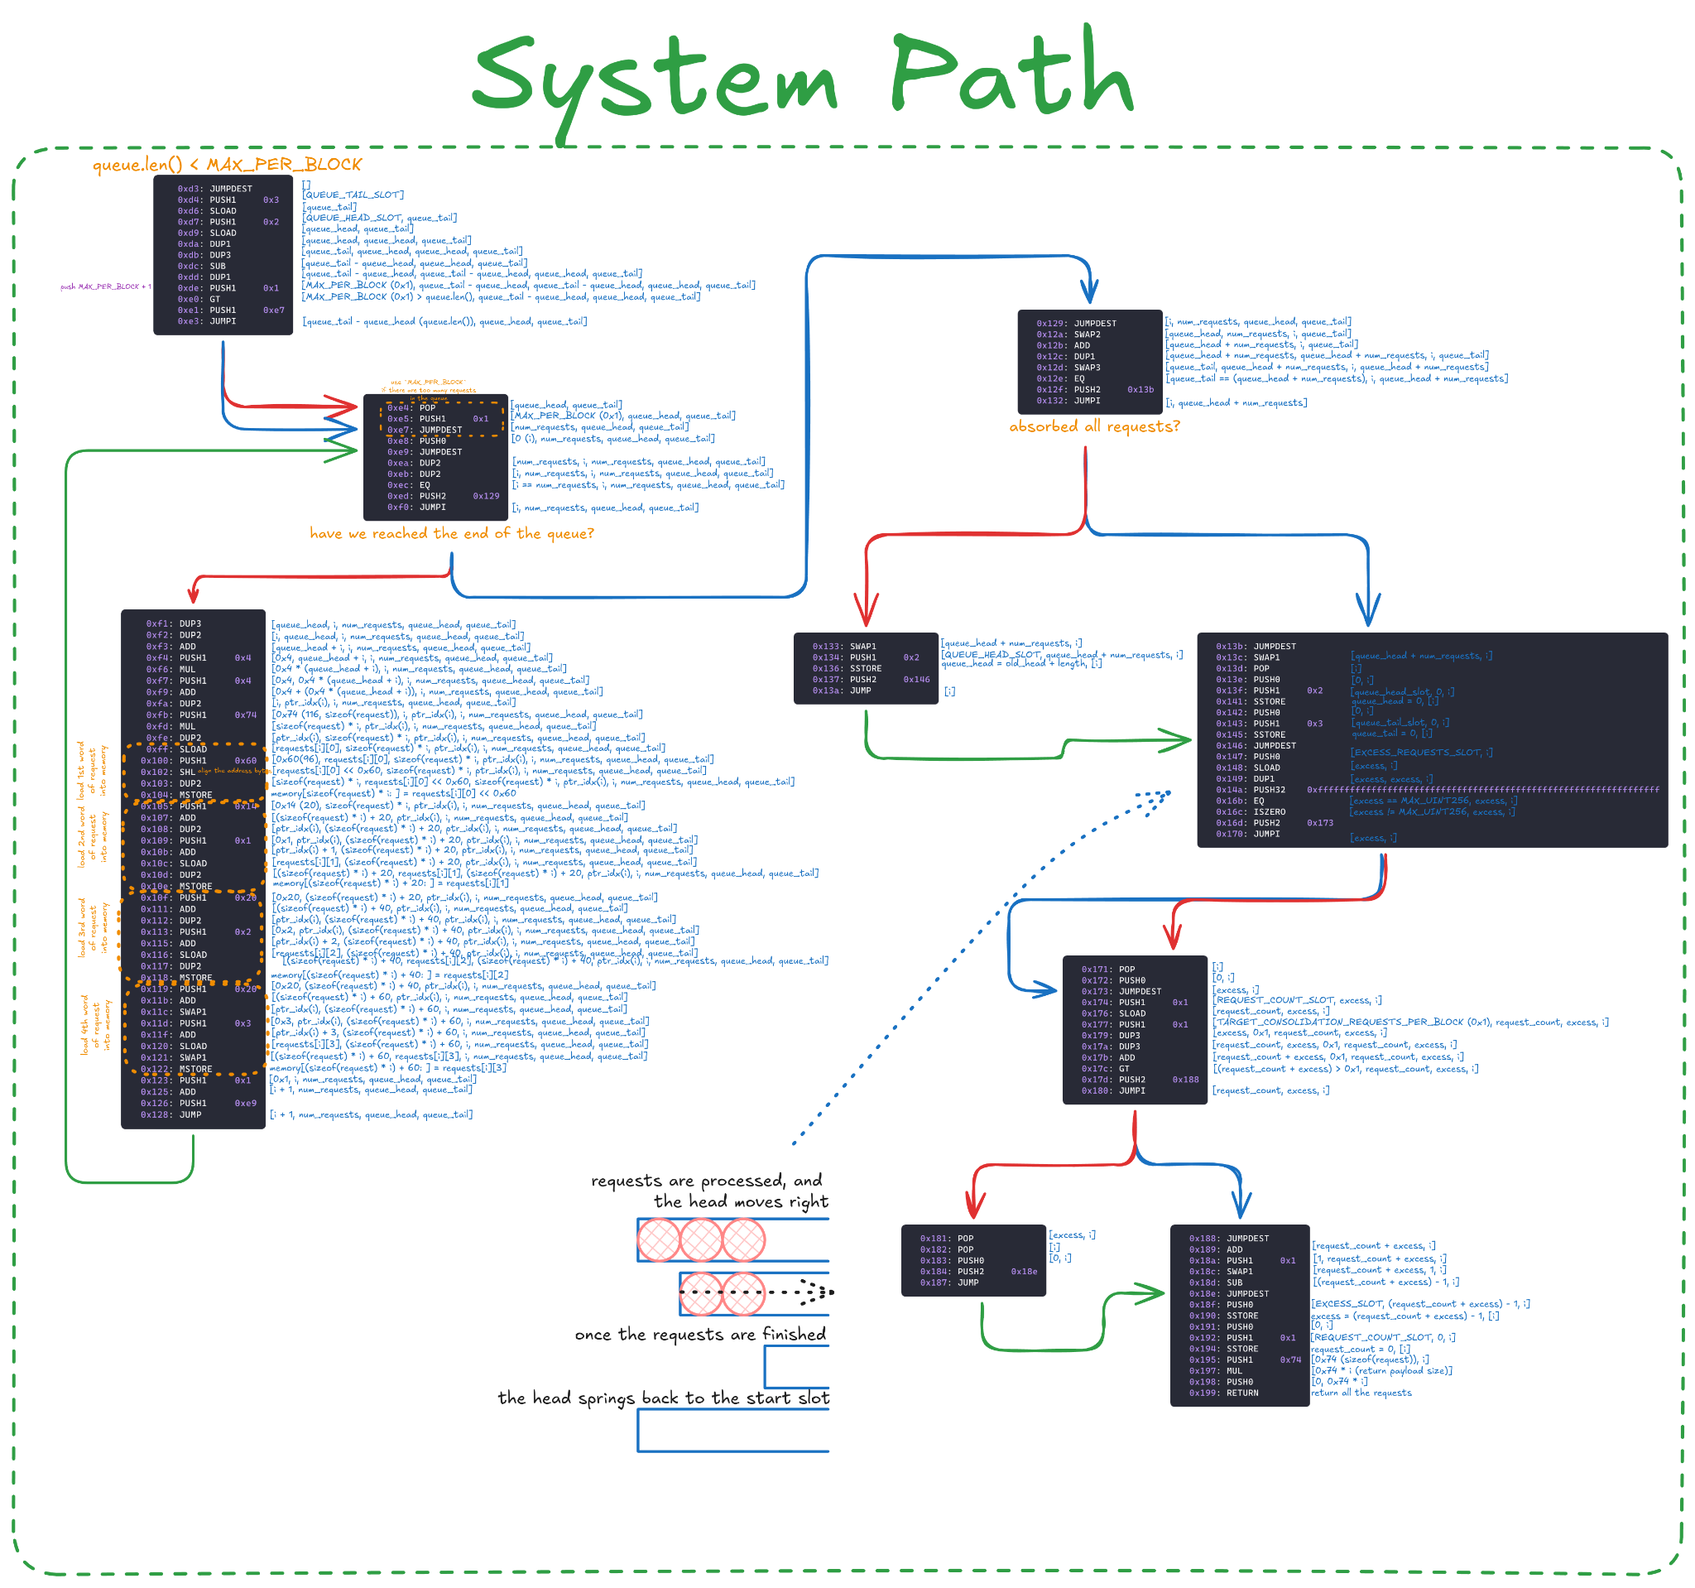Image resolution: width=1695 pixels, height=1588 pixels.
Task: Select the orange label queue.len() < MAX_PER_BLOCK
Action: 227,165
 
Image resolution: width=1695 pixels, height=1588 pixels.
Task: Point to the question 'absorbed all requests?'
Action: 1094,426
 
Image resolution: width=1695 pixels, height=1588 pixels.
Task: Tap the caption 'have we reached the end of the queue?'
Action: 451,534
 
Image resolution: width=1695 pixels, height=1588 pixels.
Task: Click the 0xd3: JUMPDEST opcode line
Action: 215,190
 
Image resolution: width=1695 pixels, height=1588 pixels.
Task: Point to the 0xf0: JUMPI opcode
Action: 417,508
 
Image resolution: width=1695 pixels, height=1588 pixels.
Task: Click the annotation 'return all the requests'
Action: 1361,1393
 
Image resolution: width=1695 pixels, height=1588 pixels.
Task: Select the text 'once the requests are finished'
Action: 700,1335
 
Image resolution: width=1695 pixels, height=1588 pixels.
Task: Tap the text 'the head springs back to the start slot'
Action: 663,1398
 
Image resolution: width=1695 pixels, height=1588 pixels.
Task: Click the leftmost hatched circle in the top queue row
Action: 659,1240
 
